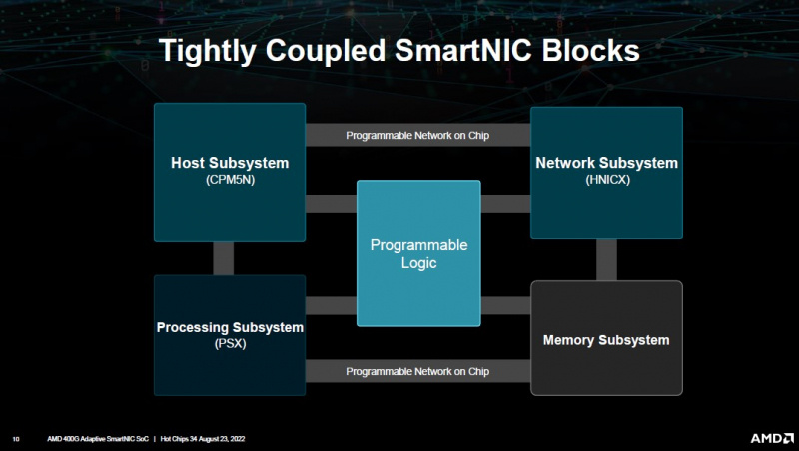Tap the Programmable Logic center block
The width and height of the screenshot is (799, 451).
pos(418,253)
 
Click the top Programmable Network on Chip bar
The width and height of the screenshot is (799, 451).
pos(417,135)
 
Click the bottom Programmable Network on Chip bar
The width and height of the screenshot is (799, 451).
pos(417,371)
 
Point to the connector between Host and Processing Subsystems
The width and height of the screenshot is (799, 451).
pos(223,257)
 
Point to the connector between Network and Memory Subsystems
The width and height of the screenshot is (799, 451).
pos(606,260)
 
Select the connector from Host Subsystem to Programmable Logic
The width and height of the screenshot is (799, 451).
pos(331,204)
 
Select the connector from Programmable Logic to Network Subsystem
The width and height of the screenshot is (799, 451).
pos(505,204)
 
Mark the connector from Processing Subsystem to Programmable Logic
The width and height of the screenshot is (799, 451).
pos(331,305)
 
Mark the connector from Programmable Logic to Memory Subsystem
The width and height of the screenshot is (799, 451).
pos(505,305)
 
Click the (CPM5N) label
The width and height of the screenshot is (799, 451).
pos(229,181)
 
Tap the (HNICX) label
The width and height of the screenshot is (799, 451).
pos(606,180)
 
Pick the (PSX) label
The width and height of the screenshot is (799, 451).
pos(229,343)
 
